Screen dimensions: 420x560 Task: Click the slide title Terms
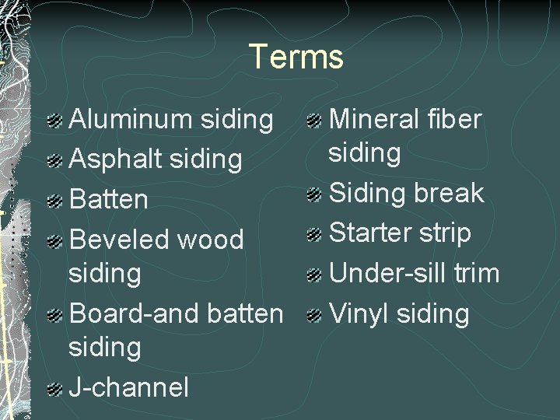click(x=296, y=57)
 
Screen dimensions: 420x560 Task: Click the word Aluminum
click(x=131, y=120)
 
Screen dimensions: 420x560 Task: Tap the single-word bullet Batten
click(x=109, y=199)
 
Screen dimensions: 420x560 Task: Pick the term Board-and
click(x=135, y=313)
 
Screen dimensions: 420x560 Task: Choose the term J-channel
click(x=129, y=387)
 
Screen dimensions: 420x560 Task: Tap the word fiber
click(x=456, y=120)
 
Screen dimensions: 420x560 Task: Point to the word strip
click(x=446, y=233)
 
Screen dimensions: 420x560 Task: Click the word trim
click(x=476, y=273)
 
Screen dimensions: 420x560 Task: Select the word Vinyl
click(x=359, y=313)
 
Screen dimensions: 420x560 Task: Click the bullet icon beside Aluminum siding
click(x=55, y=121)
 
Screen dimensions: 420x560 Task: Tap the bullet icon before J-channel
click(x=55, y=387)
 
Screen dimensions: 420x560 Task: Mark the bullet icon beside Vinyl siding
click(x=315, y=315)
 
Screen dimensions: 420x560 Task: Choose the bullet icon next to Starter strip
click(x=315, y=234)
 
